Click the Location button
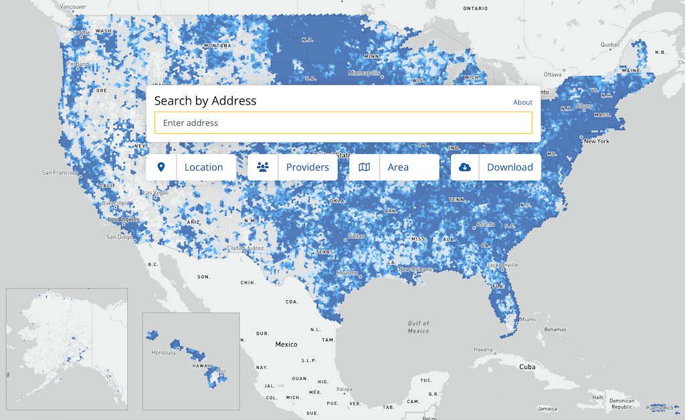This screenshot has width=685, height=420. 191,167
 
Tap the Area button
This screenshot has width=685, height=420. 394,167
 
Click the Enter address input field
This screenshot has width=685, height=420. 343,123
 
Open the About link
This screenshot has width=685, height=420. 522,102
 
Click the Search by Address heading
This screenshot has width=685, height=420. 205,101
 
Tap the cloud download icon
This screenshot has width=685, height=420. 465,167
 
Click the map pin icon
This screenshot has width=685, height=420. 161,167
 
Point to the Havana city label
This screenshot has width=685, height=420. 483,349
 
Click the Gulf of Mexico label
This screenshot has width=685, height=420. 419,327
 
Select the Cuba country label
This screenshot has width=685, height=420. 527,367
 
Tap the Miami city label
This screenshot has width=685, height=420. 528,320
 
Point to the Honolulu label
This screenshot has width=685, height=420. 163,352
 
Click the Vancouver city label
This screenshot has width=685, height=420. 72,7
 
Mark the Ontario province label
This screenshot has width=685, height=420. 476,8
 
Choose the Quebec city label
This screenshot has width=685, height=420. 610,45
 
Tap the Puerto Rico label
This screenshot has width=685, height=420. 661,407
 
